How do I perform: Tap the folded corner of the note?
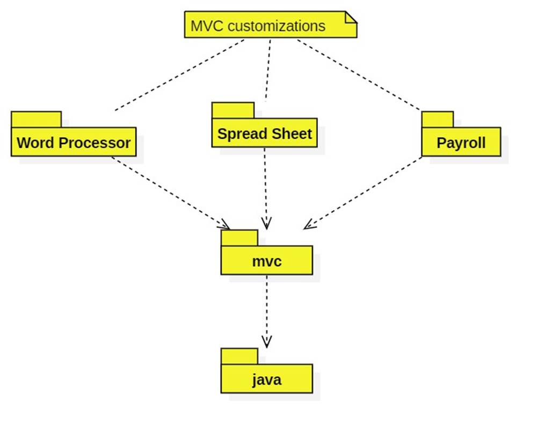(351, 17)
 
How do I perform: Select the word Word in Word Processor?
(36, 143)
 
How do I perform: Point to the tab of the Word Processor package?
(36, 119)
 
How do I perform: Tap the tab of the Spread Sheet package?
(232, 110)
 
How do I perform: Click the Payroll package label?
(461, 143)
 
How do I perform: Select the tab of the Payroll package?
(437, 119)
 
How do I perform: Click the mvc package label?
(266, 262)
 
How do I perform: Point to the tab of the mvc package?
(239, 238)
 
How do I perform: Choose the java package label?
(266, 380)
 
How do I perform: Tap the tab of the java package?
(239, 356)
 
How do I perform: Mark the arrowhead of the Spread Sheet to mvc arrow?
(266, 225)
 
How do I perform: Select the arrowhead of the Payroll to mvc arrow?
(308, 226)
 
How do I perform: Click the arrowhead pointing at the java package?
(266, 343)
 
